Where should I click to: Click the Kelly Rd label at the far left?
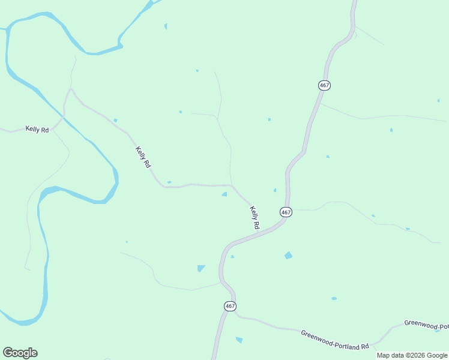[37, 129]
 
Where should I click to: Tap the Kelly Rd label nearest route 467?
[255, 217]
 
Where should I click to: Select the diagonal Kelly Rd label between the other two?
[143, 157]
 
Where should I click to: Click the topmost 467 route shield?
[324, 85]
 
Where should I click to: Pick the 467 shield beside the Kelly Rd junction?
[285, 212]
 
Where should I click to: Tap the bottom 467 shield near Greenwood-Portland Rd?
[230, 306]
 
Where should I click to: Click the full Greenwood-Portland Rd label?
[335, 340]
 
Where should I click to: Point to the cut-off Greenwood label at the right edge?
[426, 324]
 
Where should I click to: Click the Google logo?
[20, 352]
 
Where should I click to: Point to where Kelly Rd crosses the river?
[62, 118]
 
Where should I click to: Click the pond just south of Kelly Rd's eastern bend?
[224, 194]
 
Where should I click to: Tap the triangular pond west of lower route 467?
[200, 268]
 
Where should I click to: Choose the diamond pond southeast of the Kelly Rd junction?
[288, 255]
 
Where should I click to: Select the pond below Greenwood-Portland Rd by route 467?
[240, 340]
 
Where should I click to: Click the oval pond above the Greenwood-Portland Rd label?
[334, 298]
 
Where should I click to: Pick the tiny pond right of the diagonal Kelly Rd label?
[169, 182]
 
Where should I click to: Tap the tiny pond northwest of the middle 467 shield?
[275, 190]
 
